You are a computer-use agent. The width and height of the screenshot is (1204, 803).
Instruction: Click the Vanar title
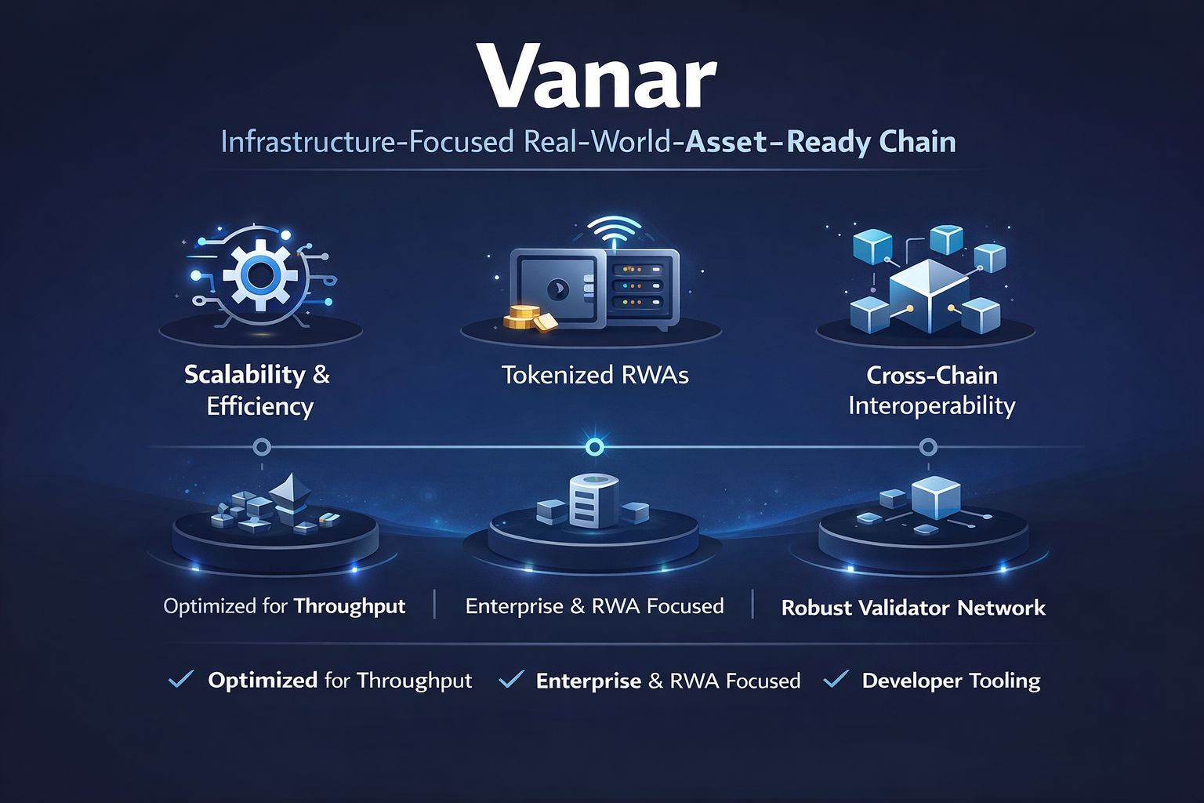point(597,76)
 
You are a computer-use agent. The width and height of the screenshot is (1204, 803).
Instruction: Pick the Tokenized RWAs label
point(595,375)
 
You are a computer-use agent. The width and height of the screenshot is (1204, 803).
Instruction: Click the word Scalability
point(245,375)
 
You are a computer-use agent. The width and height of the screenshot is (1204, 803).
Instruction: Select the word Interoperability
point(931,405)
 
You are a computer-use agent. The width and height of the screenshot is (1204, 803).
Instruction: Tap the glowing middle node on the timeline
point(595,447)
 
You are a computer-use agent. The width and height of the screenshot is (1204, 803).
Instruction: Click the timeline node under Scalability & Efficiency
point(262,447)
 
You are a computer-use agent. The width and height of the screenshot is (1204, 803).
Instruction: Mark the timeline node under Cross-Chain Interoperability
point(928,447)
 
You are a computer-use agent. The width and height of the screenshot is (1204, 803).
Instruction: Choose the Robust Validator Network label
point(913,608)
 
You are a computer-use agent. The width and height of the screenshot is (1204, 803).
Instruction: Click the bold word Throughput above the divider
point(350,606)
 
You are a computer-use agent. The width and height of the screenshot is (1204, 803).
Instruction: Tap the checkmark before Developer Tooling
point(836,678)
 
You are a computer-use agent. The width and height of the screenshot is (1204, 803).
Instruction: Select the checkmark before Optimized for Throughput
point(181,678)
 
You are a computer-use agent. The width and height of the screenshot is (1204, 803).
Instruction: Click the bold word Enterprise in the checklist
point(588,681)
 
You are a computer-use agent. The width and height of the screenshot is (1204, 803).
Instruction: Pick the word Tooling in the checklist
point(1004,681)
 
